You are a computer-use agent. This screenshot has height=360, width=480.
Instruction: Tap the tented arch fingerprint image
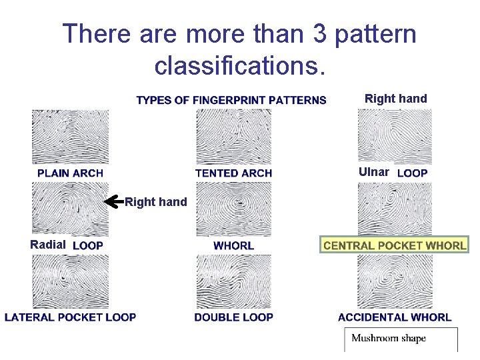pyautogui.click(x=233, y=136)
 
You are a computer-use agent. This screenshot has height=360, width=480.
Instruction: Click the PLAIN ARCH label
pyautogui.click(x=70, y=173)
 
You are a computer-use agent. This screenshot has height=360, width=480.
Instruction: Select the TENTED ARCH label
pyautogui.click(x=233, y=173)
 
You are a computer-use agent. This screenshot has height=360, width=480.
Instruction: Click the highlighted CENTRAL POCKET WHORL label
pyautogui.click(x=395, y=245)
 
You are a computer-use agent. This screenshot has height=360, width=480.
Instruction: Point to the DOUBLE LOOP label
pyautogui.click(x=233, y=317)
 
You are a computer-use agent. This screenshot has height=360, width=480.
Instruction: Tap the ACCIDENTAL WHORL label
pyautogui.click(x=395, y=317)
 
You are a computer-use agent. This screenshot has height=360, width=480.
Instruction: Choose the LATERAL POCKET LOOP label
pyautogui.click(x=70, y=317)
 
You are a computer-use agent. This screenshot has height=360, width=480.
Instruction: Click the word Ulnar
pyautogui.click(x=373, y=172)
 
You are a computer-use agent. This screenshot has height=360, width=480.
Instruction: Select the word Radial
pyautogui.click(x=48, y=245)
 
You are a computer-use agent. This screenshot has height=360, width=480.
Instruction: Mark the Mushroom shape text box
pyautogui.click(x=400, y=339)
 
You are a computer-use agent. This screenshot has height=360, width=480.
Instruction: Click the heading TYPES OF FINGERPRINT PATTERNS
pyautogui.click(x=231, y=101)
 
